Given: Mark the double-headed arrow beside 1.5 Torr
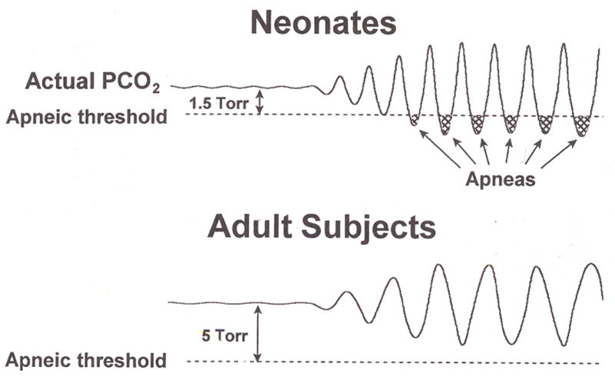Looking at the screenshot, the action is tap(259, 101).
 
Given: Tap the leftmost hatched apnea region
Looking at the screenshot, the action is tap(415, 119).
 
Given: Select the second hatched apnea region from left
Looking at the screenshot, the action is tap(446, 121).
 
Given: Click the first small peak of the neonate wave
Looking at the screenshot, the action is tap(339, 78).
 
